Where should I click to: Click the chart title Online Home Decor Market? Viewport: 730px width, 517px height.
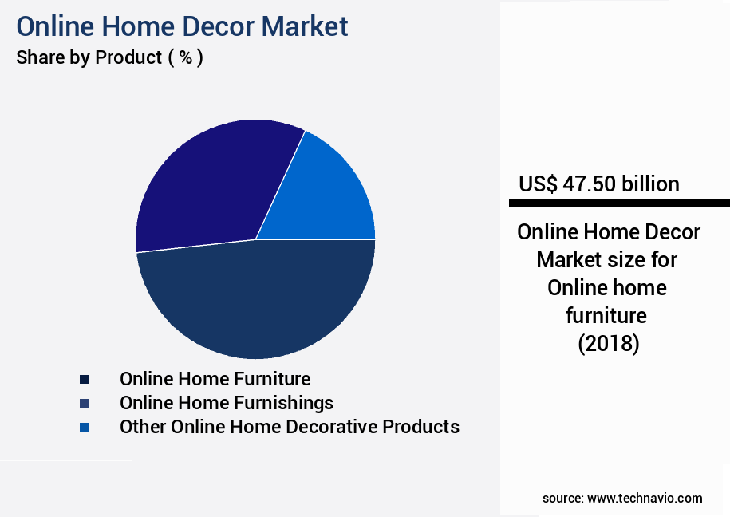pos(182,26)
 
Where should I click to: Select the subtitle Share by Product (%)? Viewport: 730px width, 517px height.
pos(109,58)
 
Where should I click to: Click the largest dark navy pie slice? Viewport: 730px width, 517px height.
pos(255,303)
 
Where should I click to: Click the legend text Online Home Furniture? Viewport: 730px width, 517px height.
pos(215,378)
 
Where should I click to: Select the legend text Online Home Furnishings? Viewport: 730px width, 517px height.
pos(227,402)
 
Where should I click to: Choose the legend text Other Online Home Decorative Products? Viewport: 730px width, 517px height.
pos(289,427)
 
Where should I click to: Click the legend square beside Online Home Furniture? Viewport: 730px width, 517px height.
pos(84,379)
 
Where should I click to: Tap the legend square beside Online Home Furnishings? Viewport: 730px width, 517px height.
pos(84,403)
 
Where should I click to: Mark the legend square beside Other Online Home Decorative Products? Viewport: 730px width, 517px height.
pos(84,428)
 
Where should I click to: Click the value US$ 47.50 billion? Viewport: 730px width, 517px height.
pos(598,184)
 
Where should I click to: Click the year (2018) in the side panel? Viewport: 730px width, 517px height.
pos(608,344)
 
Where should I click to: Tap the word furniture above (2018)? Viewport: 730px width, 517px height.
pos(607,316)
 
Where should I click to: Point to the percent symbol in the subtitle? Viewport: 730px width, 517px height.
pos(186,58)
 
